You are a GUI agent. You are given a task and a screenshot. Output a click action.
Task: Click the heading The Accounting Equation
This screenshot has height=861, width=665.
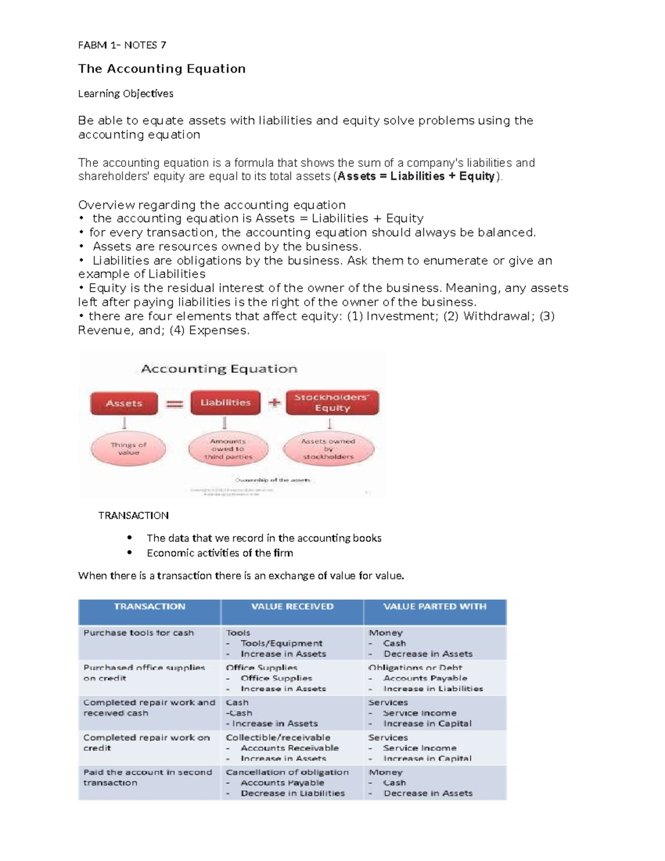[x=161, y=69]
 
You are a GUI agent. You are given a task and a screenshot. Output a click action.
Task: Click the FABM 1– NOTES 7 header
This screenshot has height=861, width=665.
[x=122, y=45]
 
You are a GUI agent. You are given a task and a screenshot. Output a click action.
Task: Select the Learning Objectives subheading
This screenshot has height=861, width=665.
[x=125, y=94]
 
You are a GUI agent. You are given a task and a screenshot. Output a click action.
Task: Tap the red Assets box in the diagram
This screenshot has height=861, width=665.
[x=124, y=403]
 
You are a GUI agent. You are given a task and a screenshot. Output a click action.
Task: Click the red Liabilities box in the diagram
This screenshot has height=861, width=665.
[x=225, y=403]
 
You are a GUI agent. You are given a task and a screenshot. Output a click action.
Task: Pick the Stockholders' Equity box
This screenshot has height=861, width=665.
[x=332, y=403]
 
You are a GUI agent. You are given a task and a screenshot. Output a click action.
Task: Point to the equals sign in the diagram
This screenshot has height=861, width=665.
[x=175, y=404]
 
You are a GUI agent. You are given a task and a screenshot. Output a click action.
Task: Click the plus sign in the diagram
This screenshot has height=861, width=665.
[x=274, y=403]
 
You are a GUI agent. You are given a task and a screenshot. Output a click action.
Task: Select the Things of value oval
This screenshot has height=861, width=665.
[x=129, y=449]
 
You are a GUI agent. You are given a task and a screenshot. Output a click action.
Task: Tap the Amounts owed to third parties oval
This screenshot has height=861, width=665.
[x=228, y=449]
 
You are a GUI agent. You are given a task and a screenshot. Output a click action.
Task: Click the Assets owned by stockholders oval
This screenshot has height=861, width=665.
[x=328, y=449]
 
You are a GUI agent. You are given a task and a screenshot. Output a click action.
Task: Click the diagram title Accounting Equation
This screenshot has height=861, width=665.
[x=219, y=369]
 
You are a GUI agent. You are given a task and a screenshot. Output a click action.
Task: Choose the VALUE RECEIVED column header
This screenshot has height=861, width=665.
[x=292, y=607]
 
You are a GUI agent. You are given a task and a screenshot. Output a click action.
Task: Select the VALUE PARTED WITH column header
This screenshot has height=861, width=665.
[x=434, y=607]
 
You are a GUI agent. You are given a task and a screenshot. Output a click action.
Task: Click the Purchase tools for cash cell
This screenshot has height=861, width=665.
[x=139, y=633]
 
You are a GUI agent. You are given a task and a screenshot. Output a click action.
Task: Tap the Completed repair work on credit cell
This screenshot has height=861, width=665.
[x=146, y=742]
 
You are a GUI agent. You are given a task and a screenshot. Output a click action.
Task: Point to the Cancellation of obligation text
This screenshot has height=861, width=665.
[x=287, y=772]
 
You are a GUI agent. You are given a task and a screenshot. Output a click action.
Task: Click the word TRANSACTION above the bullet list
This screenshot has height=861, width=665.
[x=133, y=516]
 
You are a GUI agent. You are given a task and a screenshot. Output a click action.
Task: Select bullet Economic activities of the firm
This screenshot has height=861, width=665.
[x=219, y=553]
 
